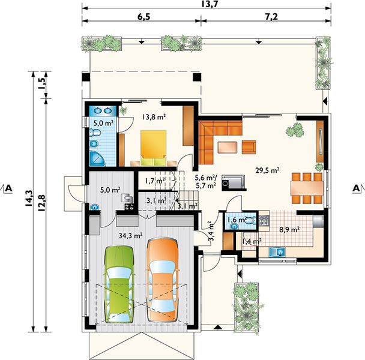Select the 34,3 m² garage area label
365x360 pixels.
point(131,236)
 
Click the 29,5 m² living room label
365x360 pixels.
point(268,170)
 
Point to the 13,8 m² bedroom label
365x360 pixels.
point(154,117)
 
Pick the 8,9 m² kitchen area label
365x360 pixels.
point(289,230)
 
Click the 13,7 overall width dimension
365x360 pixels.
point(209,4)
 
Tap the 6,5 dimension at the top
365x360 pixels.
point(142,17)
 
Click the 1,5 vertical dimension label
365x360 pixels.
point(42,83)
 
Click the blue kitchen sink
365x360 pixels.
point(277,252)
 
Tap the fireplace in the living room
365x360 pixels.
point(234,182)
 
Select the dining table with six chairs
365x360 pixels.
point(307,188)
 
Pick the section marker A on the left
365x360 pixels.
point(9,188)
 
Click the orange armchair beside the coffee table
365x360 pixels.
point(249,147)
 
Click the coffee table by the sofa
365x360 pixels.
point(228,147)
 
